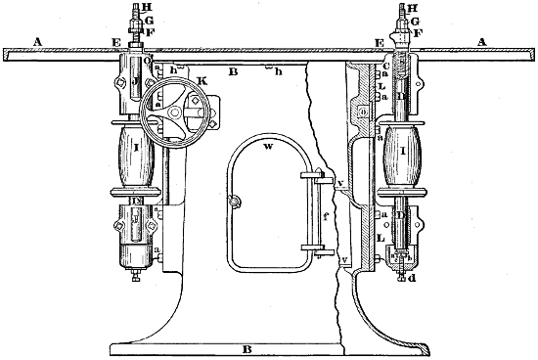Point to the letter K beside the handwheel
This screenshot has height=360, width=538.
201,79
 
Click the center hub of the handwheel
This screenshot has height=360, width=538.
172,114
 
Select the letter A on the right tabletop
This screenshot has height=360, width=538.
481,42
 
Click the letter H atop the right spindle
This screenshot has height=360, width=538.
418,7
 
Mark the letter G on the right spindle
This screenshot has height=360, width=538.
417,20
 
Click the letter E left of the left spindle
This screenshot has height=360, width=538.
115,44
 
